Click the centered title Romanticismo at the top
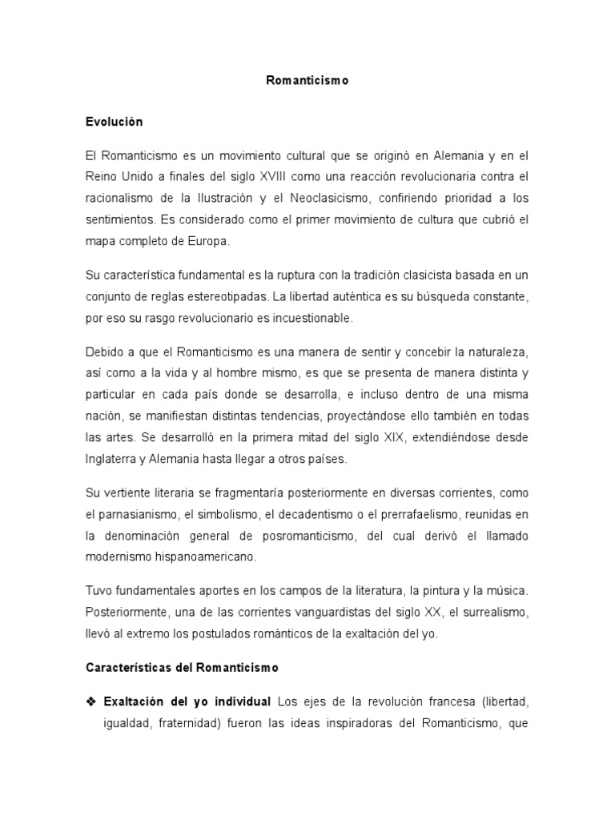pyautogui.click(x=307, y=81)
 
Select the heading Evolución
pyautogui.click(x=114, y=122)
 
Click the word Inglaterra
pyautogui.click(x=116, y=459)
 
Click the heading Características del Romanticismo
pyautogui.click(x=181, y=666)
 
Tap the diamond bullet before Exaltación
pyautogui.click(x=90, y=701)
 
